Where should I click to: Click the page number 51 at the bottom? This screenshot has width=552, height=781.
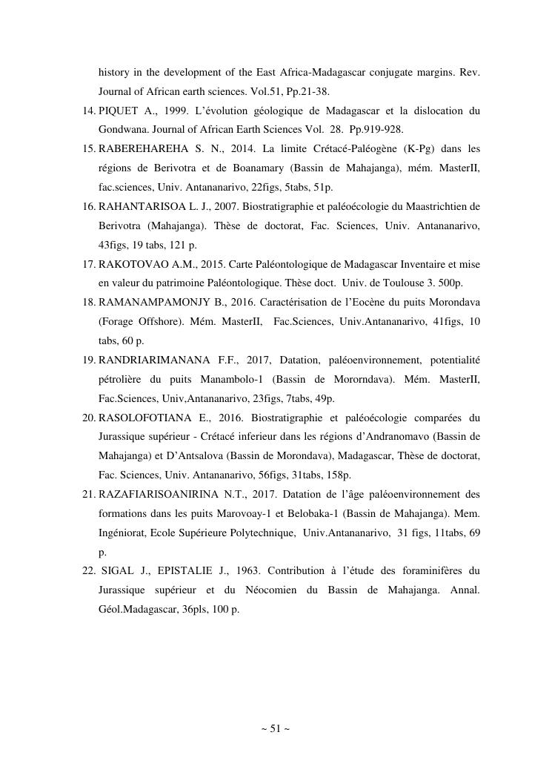pyautogui.click(x=275, y=729)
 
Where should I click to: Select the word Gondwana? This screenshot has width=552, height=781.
pyautogui.click(x=122, y=130)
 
